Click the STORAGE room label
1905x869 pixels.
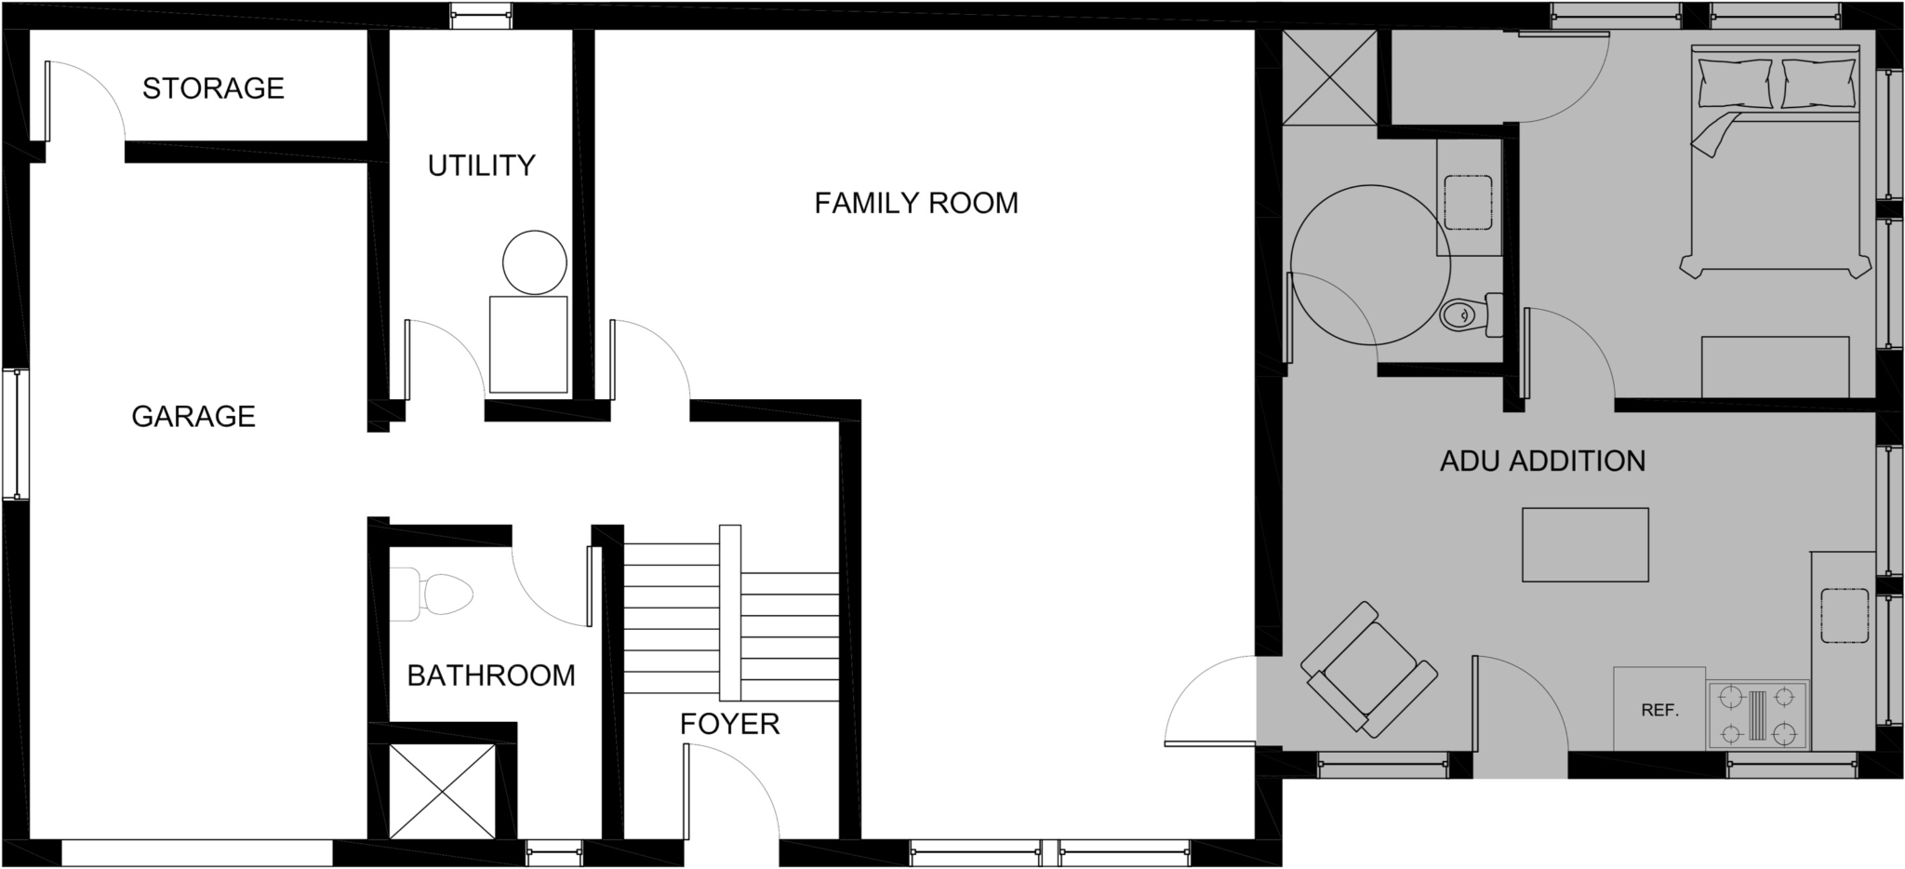213,88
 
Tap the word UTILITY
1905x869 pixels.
481,166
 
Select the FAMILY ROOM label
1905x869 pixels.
916,203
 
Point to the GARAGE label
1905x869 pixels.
193,416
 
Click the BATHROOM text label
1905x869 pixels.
491,675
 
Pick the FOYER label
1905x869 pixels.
729,724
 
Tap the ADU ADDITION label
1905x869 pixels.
1542,461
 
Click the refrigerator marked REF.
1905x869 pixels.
1659,709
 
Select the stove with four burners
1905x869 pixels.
1757,715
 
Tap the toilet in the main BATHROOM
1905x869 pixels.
432,595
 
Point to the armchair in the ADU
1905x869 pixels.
1368,670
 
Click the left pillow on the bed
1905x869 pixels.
1735,82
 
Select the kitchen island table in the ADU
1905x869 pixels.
1585,544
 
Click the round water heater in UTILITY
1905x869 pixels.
535,262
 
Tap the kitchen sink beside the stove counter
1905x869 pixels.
1845,615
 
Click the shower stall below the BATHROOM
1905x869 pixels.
442,792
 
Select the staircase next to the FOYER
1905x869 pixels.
731,613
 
